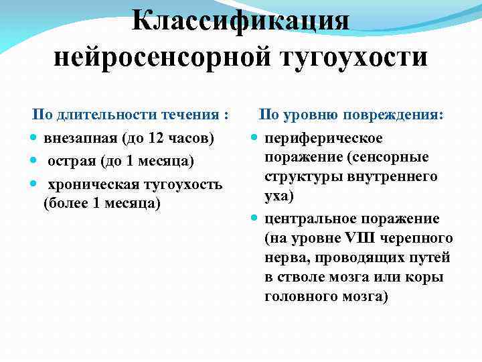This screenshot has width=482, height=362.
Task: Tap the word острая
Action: click(x=70, y=161)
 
